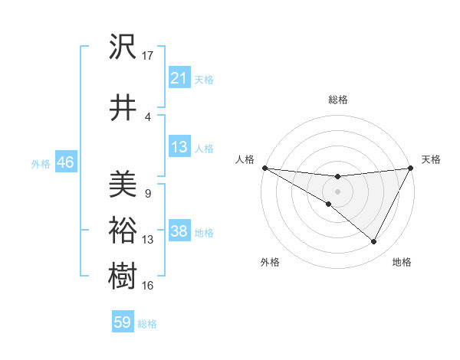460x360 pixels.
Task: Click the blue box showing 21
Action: pyautogui.click(x=179, y=77)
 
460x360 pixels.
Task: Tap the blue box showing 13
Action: pyautogui.click(x=179, y=147)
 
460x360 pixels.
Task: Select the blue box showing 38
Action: pyautogui.click(x=179, y=231)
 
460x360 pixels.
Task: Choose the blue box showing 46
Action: pyautogui.click(x=65, y=162)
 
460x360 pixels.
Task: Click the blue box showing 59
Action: pyautogui.click(x=122, y=322)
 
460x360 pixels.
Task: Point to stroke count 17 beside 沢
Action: pyautogui.click(x=148, y=55)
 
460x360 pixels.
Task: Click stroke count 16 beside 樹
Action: pyautogui.click(x=148, y=286)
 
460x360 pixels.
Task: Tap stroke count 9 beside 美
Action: pyautogui.click(x=147, y=194)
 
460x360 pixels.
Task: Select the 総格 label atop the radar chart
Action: pyautogui.click(x=337, y=100)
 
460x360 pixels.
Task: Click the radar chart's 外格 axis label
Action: pyautogui.click(x=270, y=263)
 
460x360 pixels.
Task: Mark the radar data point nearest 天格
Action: pyautogui.click(x=412, y=168)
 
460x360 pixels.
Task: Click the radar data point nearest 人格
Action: pyautogui.click(x=264, y=168)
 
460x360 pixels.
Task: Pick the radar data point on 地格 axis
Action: pyautogui.click(x=374, y=242)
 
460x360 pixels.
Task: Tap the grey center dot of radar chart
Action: pyautogui.click(x=337, y=191)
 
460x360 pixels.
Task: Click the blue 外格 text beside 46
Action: pyautogui.click(x=40, y=163)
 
